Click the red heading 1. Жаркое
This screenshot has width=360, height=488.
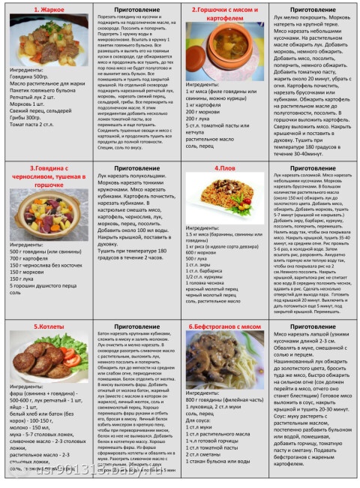coord(47,9)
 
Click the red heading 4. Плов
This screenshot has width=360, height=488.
coord(226,168)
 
